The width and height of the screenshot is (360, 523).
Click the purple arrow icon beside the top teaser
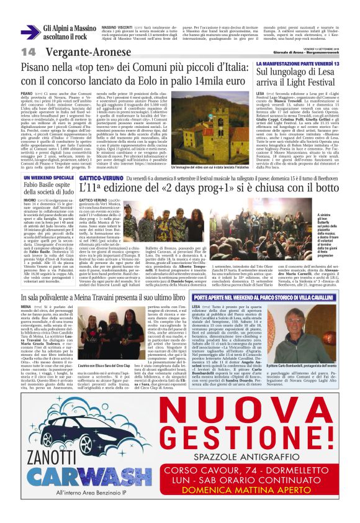click(x=30, y=32)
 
